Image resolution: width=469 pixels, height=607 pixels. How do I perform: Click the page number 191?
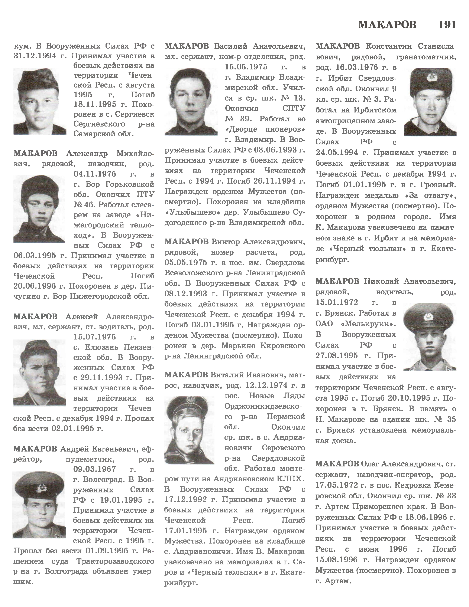(x=447, y=25)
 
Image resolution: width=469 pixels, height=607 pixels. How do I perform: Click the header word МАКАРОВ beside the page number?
(x=387, y=25)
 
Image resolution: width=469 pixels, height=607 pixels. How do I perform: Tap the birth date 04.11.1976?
(x=95, y=174)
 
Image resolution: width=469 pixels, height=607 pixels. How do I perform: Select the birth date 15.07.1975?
(x=95, y=337)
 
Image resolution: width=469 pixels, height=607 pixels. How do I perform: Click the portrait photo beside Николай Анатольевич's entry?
(x=430, y=337)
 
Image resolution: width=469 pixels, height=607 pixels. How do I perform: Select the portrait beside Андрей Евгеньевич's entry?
(x=39, y=504)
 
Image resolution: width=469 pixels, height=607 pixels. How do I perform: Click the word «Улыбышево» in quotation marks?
(x=187, y=212)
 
